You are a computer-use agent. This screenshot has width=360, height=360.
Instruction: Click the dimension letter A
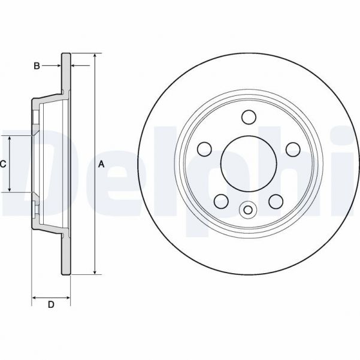point(101,164)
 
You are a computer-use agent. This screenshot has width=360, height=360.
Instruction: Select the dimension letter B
point(37,66)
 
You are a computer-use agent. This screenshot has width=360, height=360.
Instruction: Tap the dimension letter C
point(3,164)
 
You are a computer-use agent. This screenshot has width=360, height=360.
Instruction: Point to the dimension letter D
point(51,305)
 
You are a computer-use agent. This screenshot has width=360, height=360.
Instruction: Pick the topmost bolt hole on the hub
point(247,116)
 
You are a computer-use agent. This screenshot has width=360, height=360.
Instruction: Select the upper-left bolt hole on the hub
point(205,148)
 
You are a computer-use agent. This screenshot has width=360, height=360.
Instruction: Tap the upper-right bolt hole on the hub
point(293,149)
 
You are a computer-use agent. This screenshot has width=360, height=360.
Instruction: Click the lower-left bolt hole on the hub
point(220,201)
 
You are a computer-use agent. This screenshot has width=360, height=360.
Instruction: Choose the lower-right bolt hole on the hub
point(276,201)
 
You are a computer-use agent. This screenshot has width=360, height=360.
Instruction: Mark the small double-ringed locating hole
point(247,210)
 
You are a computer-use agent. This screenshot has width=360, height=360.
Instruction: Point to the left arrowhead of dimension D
point(34,297)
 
